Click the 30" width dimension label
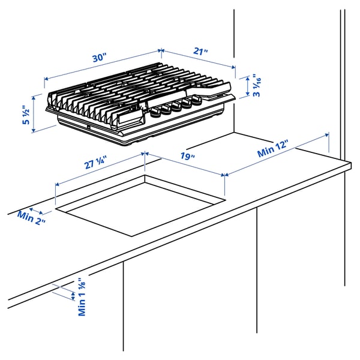click(x=99, y=58)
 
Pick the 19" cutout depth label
click(x=187, y=157)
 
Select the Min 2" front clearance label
click(x=31, y=216)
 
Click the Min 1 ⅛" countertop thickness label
click(x=82, y=297)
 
